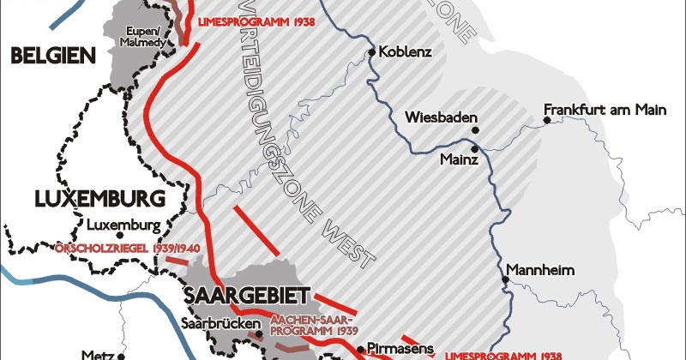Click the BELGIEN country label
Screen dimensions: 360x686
coord(51,57)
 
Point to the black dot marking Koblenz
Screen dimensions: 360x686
coord(371,52)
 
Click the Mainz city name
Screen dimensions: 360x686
coord(458,159)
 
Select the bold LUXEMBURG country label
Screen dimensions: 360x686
coord(99,200)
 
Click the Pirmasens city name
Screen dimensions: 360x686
coord(397,350)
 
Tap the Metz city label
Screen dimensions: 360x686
coord(96,353)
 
